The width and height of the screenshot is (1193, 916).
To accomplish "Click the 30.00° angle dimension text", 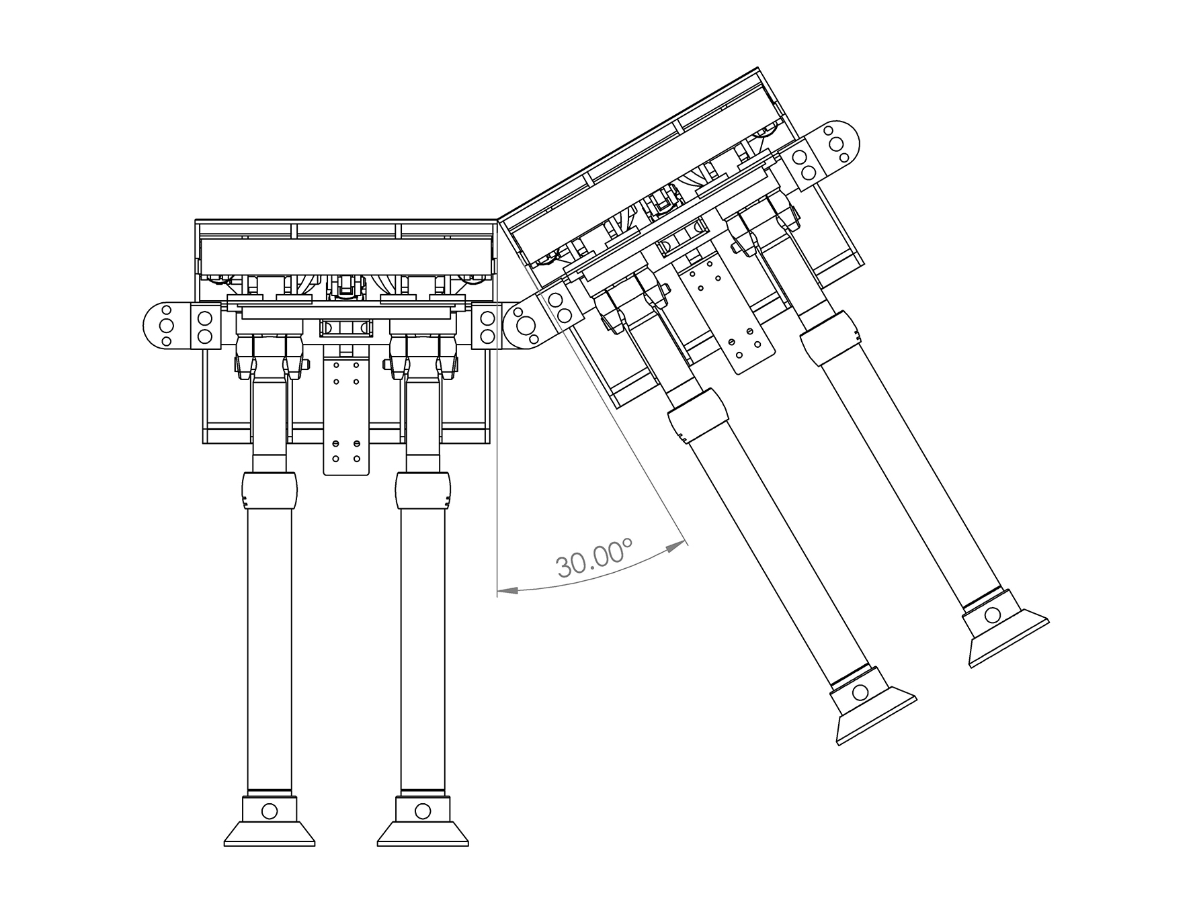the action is pyautogui.click(x=594, y=557).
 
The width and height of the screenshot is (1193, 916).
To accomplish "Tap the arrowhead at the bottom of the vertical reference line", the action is pyautogui.click(x=507, y=590).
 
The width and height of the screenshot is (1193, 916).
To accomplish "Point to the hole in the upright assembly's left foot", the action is pyautogui.click(x=269, y=811).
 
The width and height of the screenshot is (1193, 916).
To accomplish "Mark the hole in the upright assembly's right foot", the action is pyautogui.click(x=423, y=811).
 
